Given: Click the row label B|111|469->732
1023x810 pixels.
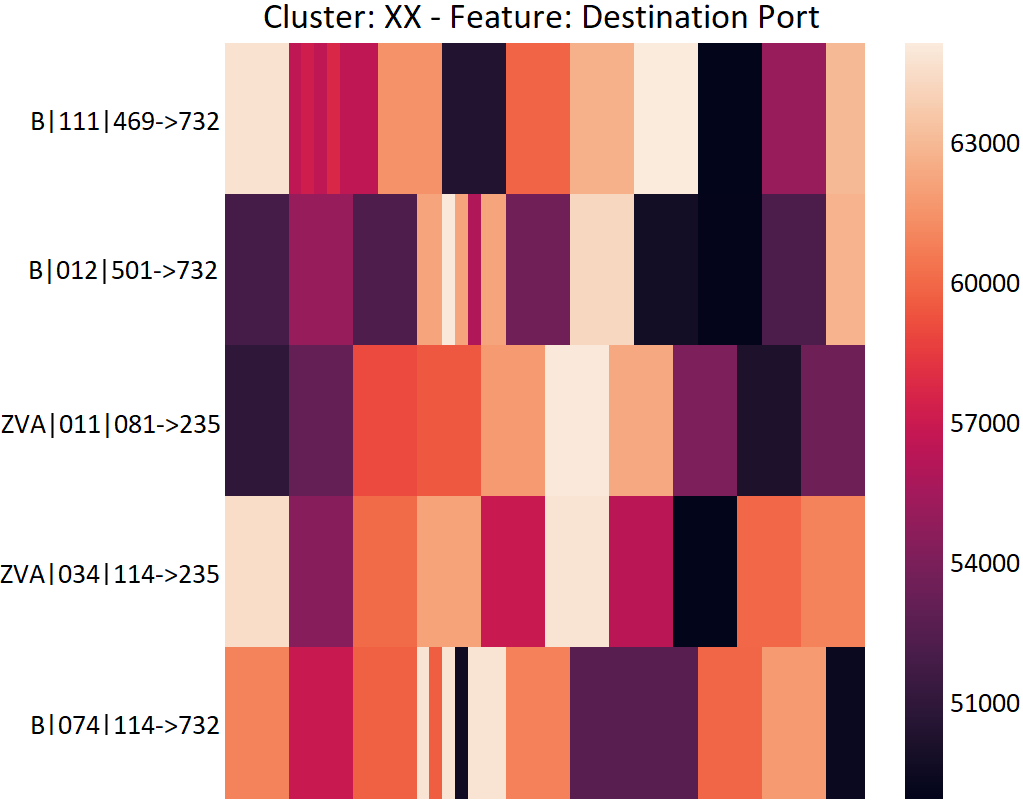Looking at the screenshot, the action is (125, 121).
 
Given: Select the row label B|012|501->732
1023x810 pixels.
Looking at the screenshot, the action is (123, 270).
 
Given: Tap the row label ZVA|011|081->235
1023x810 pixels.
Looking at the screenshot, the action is (111, 425).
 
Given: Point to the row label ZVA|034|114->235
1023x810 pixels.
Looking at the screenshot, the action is (110, 575).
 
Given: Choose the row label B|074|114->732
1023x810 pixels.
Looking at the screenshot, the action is (125, 725).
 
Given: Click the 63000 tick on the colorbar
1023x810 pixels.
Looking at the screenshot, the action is (985, 143).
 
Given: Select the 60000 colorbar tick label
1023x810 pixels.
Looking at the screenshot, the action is (985, 283).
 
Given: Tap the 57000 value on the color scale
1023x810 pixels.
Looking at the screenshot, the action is (985, 423).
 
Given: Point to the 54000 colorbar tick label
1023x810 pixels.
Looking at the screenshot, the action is (985, 563).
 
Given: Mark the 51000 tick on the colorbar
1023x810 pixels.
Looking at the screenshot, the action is (985, 703).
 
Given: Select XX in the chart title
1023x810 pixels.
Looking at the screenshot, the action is (403, 17).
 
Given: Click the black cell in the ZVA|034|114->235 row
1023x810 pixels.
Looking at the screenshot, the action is (705, 571).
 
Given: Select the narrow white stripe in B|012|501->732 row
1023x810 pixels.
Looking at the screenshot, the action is (448, 269).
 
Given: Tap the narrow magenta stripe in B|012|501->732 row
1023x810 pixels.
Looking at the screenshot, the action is (474, 269).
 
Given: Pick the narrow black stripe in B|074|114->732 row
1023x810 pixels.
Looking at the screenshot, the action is (461, 723).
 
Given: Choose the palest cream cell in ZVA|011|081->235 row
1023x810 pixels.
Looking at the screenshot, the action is (577, 421).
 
